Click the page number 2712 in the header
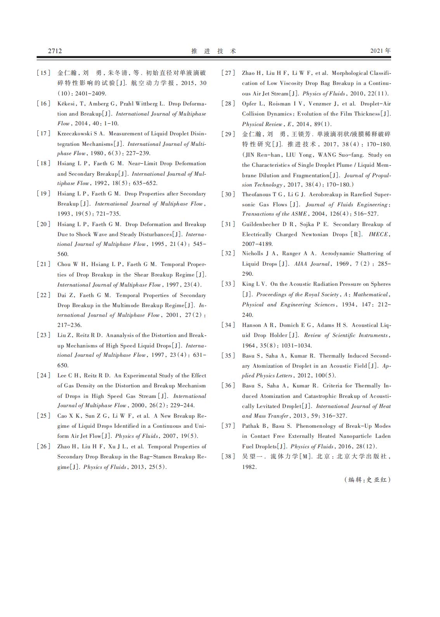(55, 51)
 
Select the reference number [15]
(43, 73)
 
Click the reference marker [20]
(43, 224)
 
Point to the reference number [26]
(43, 446)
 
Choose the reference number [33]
(228, 284)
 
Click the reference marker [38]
(228, 456)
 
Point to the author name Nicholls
(253, 253)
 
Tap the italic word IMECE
(379, 234)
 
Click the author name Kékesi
(66, 104)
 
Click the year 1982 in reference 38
(249, 467)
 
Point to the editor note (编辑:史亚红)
(367, 480)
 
